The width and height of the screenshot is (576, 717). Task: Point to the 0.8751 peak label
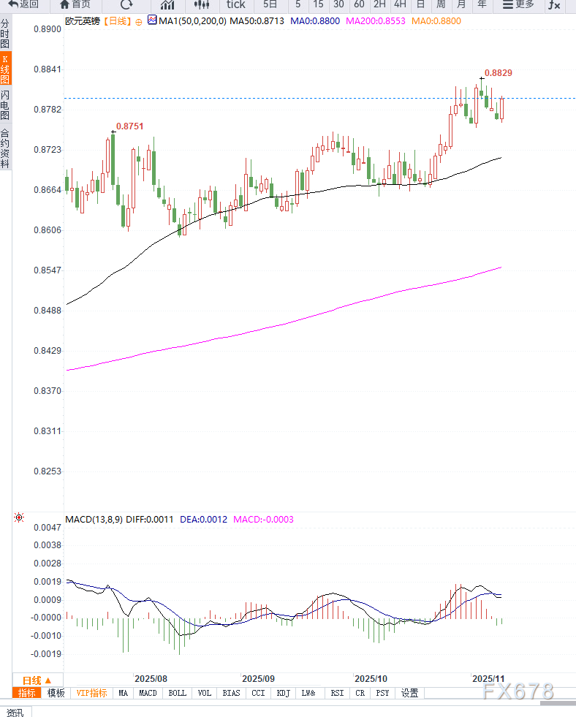(130, 126)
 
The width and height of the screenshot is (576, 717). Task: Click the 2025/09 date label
(258, 678)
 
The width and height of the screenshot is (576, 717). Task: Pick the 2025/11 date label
(488, 678)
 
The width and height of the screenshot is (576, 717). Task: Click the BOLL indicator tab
(177, 693)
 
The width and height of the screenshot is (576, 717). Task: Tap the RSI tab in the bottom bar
(337, 693)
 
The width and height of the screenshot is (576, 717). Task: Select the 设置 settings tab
(410, 693)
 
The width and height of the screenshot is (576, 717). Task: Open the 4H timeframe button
(400, 4)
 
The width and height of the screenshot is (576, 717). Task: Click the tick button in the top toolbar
(235, 4)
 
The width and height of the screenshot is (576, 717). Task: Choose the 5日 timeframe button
(270, 4)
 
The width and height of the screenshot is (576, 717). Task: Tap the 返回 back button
(23, 4)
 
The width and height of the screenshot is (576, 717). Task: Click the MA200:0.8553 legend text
(376, 21)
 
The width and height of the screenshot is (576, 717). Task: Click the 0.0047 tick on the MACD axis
(48, 527)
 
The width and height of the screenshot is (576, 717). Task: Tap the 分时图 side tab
(5, 35)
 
